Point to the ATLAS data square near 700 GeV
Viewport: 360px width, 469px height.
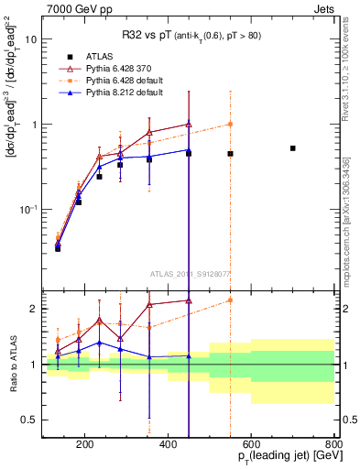293,148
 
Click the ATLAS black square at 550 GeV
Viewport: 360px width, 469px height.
230,154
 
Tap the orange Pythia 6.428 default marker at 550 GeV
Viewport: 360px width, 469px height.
230,124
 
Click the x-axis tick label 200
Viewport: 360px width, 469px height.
84,445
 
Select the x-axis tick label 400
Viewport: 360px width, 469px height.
168,445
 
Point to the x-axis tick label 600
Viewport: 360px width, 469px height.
252,445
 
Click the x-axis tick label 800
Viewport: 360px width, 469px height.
333,445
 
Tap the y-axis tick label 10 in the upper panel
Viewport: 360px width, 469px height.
32,40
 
